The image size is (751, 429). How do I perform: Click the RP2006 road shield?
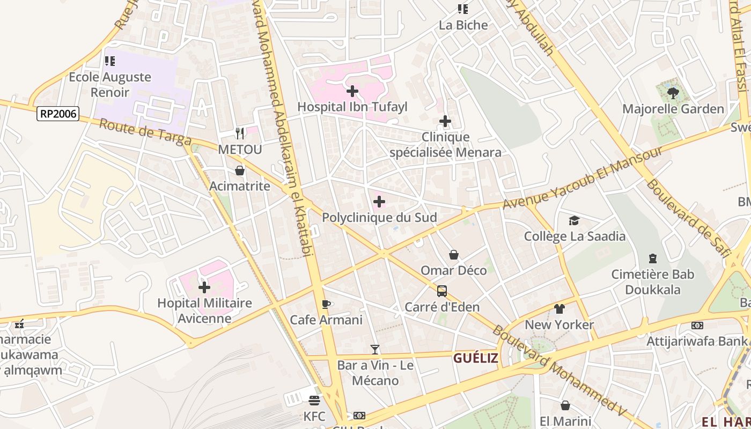(58, 113)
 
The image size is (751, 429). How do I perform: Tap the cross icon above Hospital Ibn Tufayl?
(352, 91)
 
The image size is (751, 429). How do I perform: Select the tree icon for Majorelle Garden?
(673, 94)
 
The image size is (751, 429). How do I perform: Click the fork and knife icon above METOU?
(240, 133)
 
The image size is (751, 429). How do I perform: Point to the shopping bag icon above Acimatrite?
(240, 171)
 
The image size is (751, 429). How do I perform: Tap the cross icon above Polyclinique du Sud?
(379, 202)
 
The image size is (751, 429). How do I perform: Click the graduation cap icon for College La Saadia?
(575, 221)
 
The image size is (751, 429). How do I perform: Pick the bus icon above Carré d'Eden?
(442, 291)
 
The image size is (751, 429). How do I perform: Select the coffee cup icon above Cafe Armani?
(326, 305)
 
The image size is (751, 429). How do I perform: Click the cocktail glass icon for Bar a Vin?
(375, 350)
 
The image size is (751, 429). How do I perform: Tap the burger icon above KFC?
(314, 400)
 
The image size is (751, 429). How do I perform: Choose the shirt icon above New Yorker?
(559, 309)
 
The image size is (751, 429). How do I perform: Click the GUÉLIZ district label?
(475, 358)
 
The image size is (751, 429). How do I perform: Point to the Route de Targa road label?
(145, 132)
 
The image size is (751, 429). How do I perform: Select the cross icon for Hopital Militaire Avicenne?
(204, 287)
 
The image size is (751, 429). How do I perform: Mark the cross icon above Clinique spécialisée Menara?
(445, 122)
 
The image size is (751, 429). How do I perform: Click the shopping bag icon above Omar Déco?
(454, 255)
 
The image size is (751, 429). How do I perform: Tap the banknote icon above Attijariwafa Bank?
(697, 326)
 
